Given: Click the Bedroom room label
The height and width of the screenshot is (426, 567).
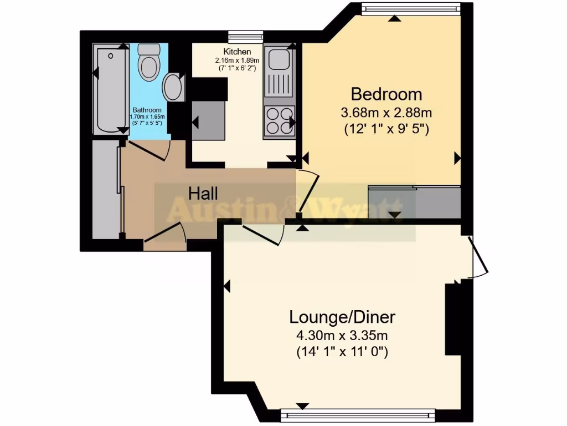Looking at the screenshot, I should pos(386,93).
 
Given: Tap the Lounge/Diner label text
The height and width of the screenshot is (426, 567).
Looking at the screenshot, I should pos(342,317).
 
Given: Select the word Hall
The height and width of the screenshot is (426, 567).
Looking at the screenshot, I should pos(203,194).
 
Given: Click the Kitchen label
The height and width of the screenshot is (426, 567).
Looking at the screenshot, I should pos(237,52).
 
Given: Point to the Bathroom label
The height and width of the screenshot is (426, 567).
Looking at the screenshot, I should pos(147,110).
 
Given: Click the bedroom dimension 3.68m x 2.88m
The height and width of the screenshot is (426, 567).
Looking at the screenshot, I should pos(386,113).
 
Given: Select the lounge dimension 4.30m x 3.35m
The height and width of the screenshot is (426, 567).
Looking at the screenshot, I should pos(342,335).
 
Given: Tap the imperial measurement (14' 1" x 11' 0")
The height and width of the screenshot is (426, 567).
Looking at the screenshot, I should pos(342,351).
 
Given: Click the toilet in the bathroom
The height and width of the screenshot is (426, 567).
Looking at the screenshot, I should pos(148,63).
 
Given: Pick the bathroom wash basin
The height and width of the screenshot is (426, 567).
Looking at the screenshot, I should pos(174,88).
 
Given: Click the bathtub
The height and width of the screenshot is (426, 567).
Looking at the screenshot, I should pos(110,90).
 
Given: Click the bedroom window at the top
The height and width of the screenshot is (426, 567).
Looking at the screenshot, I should pos(410,9).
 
